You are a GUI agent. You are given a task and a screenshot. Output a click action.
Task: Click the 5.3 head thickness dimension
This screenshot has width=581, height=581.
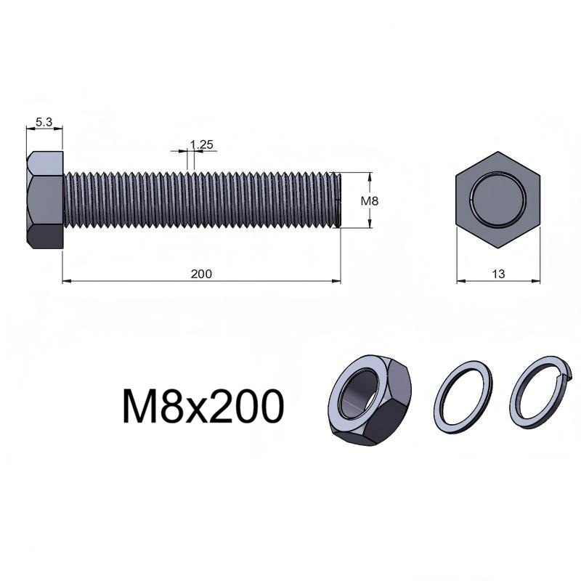pos(44,121)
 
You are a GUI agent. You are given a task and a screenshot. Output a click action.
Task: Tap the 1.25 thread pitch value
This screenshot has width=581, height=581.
pos(202,145)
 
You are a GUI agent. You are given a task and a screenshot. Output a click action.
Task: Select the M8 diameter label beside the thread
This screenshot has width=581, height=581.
pos(370,201)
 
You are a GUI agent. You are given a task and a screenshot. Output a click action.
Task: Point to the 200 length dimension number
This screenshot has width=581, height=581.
pos(201,274)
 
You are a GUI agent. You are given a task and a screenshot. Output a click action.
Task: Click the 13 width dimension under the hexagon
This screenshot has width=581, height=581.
pos(498,274)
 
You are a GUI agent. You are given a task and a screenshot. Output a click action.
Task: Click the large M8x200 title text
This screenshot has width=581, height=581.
pos(203,406)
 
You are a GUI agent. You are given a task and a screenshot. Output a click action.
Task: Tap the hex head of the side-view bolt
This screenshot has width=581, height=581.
pos(45,200)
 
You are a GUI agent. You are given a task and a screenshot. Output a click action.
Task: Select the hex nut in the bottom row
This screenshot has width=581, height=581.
pos(370,401)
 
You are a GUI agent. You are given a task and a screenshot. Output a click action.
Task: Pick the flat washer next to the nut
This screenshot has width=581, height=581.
pos(463,397)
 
